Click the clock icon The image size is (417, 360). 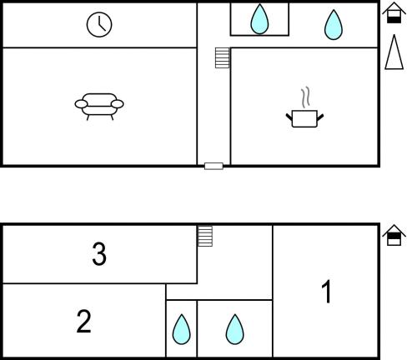[x=99, y=24]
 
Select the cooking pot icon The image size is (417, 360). [x=304, y=118]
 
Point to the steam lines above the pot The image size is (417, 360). [x=305, y=98]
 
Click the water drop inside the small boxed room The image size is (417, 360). [x=259, y=19]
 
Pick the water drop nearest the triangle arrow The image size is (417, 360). [x=334, y=25]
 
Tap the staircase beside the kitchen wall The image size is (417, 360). [x=223, y=57]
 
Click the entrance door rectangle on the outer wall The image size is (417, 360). [x=214, y=166]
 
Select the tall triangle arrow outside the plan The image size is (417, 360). [x=394, y=52]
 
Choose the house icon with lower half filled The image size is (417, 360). [x=394, y=12]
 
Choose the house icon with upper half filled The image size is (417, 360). [x=394, y=235]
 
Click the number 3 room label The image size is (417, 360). [x=99, y=254]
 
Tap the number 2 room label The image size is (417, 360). [x=83, y=322]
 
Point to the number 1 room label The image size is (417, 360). [x=326, y=292]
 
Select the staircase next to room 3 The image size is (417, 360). [x=205, y=236]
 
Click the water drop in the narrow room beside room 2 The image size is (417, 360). [x=182, y=329]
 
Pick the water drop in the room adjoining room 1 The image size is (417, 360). [x=234, y=329]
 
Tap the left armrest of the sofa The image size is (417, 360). [x=81, y=104]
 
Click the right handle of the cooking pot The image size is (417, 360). [x=320, y=117]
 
